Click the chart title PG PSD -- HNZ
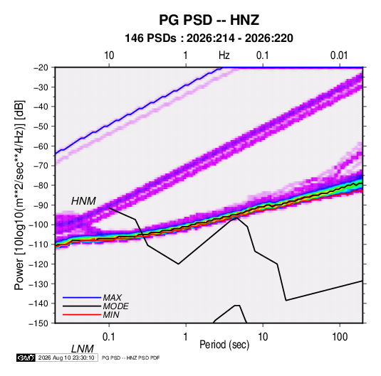pos(209,20)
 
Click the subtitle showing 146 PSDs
pos(209,38)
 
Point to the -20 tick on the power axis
pos(41,68)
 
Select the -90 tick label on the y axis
pos(41,205)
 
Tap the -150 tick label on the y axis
pos(38,323)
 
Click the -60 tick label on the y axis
pos(41,146)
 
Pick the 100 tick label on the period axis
pos(340,336)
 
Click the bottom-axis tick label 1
pos(186,336)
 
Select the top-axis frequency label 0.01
pos(339,55)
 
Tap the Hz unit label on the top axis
pos(224,55)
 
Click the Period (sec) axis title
pos(224,345)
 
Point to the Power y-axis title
pos(19,195)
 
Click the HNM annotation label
pos(83,201)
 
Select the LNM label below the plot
pos(82,349)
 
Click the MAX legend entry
pos(112,297)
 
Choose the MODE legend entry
pos(115,306)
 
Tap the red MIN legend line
pos(82,315)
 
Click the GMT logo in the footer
pos(26,358)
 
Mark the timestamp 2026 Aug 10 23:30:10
pos(66,358)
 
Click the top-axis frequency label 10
pos(109,55)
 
